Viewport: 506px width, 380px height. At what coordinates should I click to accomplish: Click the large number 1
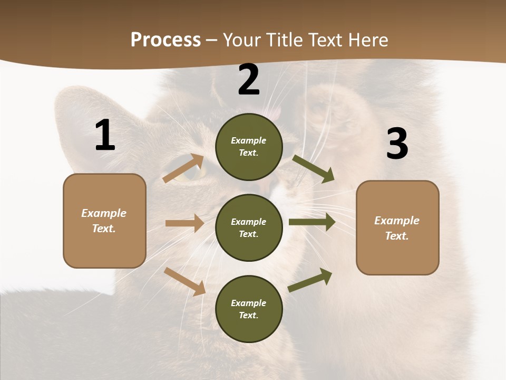[x=105, y=135]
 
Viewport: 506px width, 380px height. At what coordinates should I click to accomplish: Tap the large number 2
[x=249, y=80]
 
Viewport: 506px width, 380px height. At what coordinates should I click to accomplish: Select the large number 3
[x=397, y=144]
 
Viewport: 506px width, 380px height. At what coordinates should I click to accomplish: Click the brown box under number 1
[x=104, y=221]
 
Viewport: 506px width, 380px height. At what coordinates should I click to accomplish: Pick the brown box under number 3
[x=397, y=227]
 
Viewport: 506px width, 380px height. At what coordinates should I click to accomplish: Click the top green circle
[x=249, y=147]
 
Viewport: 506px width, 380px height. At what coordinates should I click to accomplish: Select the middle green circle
[x=249, y=227]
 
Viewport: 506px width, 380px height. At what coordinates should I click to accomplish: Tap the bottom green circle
[x=249, y=309]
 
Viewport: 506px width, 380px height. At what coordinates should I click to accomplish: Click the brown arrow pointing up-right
[x=183, y=168]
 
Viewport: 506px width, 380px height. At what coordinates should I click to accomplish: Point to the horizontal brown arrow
[x=184, y=223]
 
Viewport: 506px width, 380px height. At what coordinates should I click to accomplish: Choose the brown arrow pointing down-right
[x=184, y=281]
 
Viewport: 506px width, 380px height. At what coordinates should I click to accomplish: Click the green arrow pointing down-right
[x=313, y=168]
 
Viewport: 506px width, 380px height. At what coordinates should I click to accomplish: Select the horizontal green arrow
[x=312, y=222]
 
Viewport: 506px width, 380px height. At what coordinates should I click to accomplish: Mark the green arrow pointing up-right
[x=310, y=280]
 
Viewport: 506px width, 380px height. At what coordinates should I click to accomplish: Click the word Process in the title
[x=166, y=40]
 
